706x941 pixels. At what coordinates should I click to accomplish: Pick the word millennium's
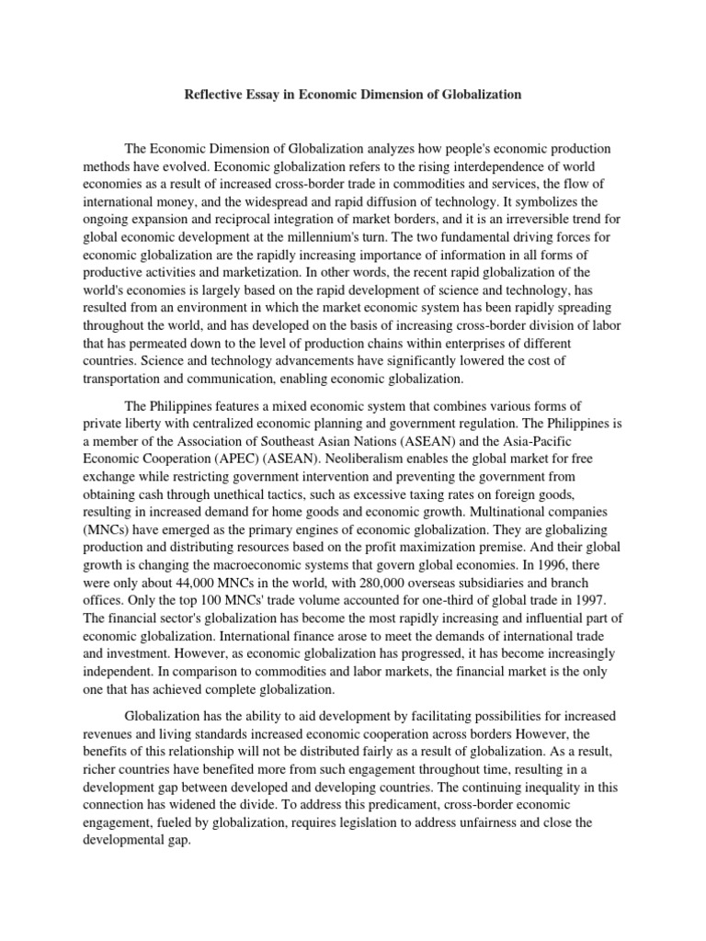[340, 236]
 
